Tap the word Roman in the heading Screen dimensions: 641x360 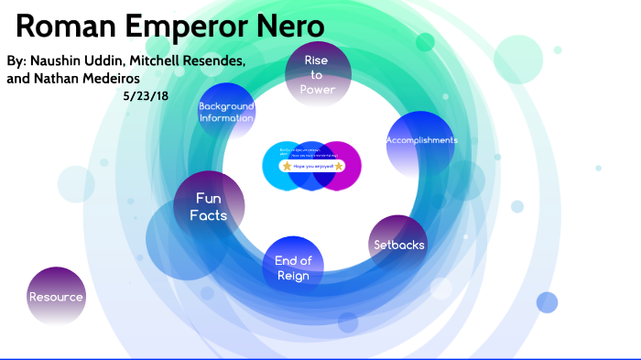coord(60,27)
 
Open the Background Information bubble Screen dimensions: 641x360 coord(226,112)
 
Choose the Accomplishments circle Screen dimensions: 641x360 coord(420,140)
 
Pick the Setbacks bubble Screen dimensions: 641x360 coord(398,245)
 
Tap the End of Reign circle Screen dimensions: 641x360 coord(293,268)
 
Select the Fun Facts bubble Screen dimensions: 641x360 coord(209,207)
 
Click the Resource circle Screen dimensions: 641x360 coord(56,297)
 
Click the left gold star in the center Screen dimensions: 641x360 coord(287,167)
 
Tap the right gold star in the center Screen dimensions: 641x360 coord(339,167)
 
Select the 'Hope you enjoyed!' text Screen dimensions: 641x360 coord(312,167)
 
